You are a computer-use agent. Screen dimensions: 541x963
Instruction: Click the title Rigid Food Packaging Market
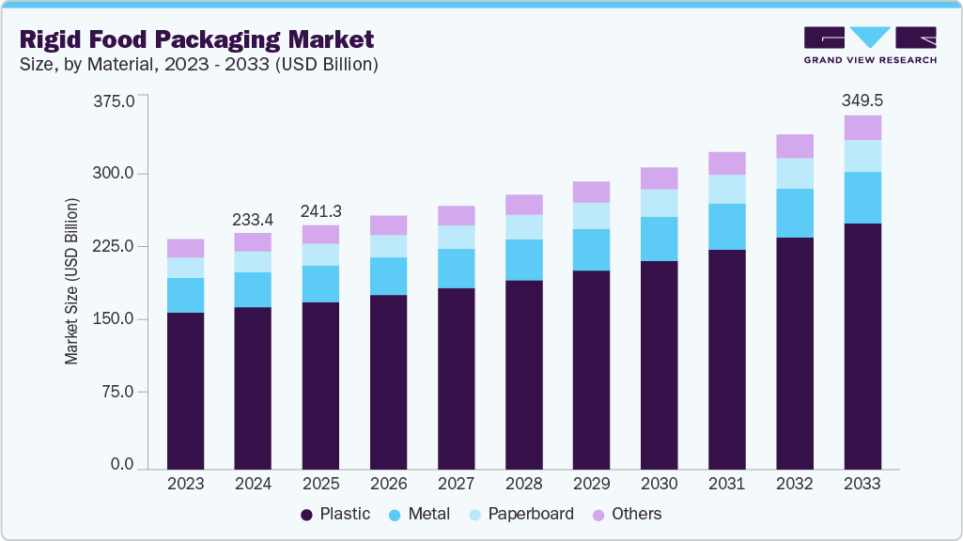(x=195, y=39)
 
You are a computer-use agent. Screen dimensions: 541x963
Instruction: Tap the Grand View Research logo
(x=870, y=44)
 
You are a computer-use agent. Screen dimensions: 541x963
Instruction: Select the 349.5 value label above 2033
(x=862, y=100)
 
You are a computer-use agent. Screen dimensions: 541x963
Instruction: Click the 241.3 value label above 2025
(x=320, y=210)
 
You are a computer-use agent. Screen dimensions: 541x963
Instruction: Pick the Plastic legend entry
(x=335, y=514)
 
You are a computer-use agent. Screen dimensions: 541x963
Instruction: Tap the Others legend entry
(x=627, y=514)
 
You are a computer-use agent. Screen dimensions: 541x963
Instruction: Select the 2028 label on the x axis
(x=523, y=484)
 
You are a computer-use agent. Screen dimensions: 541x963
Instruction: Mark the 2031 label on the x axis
(x=726, y=484)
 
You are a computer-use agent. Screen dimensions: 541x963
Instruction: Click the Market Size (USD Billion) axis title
(x=71, y=282)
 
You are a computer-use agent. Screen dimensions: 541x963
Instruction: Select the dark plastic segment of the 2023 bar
(x=185, y=390)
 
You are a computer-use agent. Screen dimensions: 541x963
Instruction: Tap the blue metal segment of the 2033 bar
(x=862, y=197)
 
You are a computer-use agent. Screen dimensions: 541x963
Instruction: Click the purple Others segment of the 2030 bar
(x=659, y=178)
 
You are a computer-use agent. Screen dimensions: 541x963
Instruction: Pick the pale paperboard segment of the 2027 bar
(x=456, y=237)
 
